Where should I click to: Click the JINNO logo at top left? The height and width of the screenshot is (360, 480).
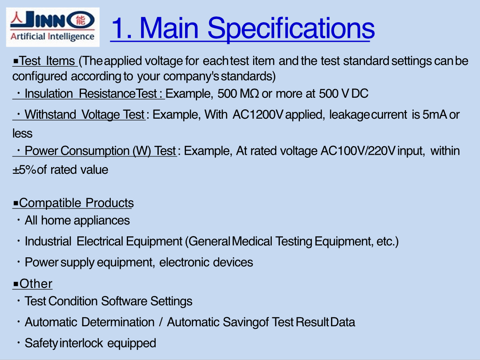pyautogui.click(x=52, y=27)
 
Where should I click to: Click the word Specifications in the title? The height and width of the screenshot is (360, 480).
pyautogui.click(x=291, y=29)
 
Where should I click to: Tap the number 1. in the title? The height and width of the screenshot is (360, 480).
pyautogui.click(x=122, y=28)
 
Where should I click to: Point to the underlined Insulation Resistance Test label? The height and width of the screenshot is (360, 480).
pyautogui.click(x=89, y=94)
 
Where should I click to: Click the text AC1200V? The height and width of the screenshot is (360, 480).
pyautogui.click(x=258, y=115)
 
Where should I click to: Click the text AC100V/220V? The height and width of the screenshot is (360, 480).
pyautogui.click(x=358, y=151)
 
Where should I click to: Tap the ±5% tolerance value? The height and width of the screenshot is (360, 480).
pyautogui.click(x=24, y=170)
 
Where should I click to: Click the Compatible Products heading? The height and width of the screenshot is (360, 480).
pyautogui.click(x=73, y=203)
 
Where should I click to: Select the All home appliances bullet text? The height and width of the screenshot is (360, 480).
pyautogui.click(x=77, y=220)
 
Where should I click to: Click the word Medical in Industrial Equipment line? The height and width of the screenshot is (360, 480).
pyautogui.click(x=252, y=241)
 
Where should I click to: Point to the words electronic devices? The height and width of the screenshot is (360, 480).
pyautogui.click(x=206, y=262)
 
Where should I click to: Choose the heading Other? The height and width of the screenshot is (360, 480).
pyautogui.click(x=33, y=284)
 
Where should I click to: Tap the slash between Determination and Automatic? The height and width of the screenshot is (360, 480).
pyautogui.click(x=161, y=322)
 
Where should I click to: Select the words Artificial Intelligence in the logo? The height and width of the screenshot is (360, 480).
pyautogui.click(x=52, y=37)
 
